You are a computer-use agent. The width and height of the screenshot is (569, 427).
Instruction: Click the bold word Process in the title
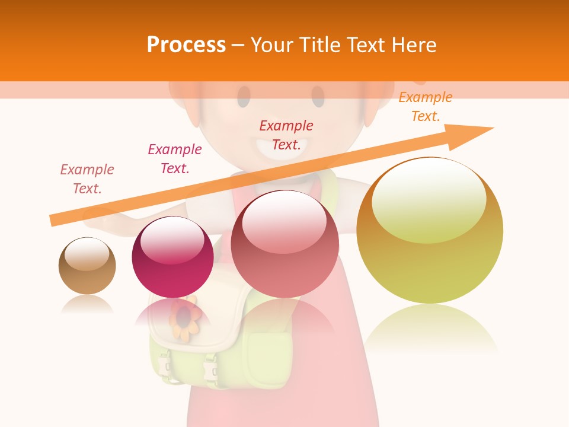click(186, 44)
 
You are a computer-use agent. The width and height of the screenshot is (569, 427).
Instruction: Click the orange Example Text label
click(425, 107)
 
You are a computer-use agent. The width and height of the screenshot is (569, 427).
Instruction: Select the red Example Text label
click(286, 135)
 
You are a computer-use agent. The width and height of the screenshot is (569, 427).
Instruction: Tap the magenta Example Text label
click(175, 158)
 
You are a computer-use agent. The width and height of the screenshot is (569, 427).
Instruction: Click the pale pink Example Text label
click(87, 179)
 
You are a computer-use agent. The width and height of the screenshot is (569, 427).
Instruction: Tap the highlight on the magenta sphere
click(172, 240)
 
